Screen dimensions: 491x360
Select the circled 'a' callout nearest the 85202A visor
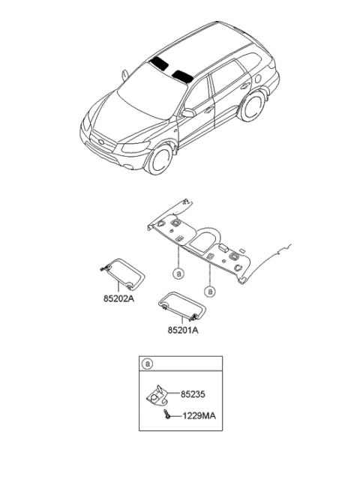pos(178,274)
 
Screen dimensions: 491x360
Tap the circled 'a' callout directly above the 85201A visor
pos(211,290)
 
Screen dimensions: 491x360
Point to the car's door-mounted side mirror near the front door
pos(188,113)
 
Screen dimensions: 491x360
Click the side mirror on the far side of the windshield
pos(123,73)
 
